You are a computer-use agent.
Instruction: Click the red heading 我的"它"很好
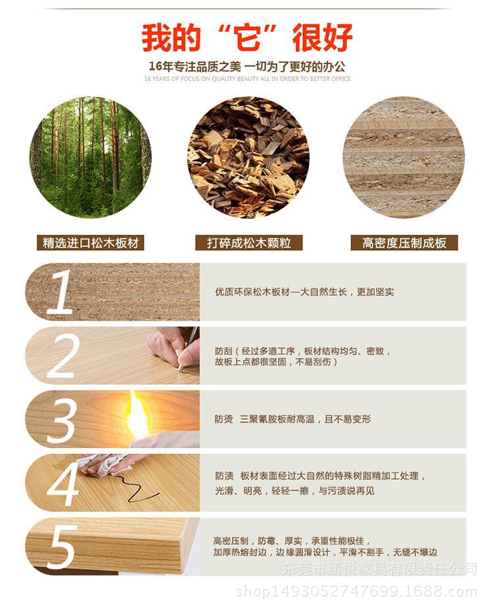point(247,37)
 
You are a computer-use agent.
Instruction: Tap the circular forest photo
point(91,157)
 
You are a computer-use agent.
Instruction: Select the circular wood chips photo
point(248,157)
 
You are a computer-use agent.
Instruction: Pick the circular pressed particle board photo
point(403,157)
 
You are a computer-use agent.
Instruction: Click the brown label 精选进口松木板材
point(91,243)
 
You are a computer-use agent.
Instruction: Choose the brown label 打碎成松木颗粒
point(248,243)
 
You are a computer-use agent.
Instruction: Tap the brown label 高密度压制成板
point(404,243)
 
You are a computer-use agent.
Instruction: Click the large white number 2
point(62,356)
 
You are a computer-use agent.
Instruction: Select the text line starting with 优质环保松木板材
point(304,292)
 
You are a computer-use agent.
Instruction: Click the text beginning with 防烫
point(293,419)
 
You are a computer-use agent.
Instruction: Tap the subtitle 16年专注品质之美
point(247,66)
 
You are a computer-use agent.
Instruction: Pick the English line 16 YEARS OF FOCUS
point(247,79)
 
